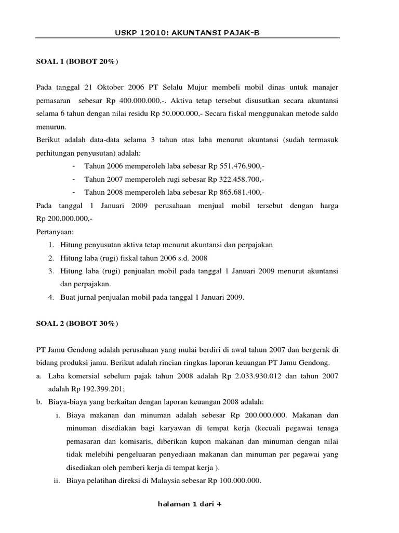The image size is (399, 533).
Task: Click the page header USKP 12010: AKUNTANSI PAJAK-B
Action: tap(187, 33)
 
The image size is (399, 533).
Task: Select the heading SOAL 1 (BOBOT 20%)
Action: tap(77, 62)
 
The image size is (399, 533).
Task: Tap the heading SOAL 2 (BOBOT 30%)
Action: tap(77, 324)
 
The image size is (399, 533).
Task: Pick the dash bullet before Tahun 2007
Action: tap(75, 179)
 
